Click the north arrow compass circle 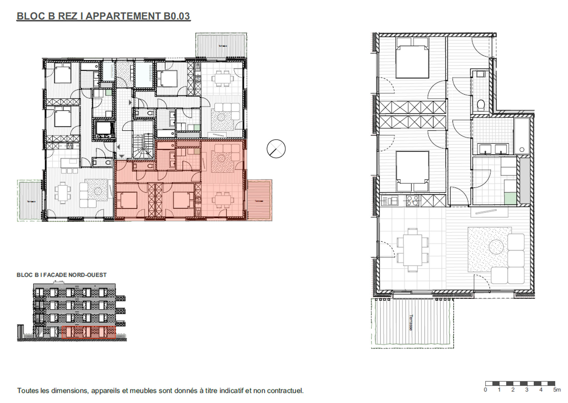[276, 149]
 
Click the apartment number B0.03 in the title [176, 16]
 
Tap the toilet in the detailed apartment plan [481, 105]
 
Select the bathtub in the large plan [522, 136]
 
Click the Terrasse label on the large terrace [411, 322]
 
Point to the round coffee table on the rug [496, 247]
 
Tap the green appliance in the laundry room [510, 198]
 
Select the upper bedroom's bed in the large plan [412, 58]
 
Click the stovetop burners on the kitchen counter [413, 201]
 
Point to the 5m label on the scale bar [557, 390]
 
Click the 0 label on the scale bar [485, 390]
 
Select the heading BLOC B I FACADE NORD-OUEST [62, 275]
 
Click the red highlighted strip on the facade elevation [88, 332]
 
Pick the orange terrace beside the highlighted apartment [259, 200]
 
